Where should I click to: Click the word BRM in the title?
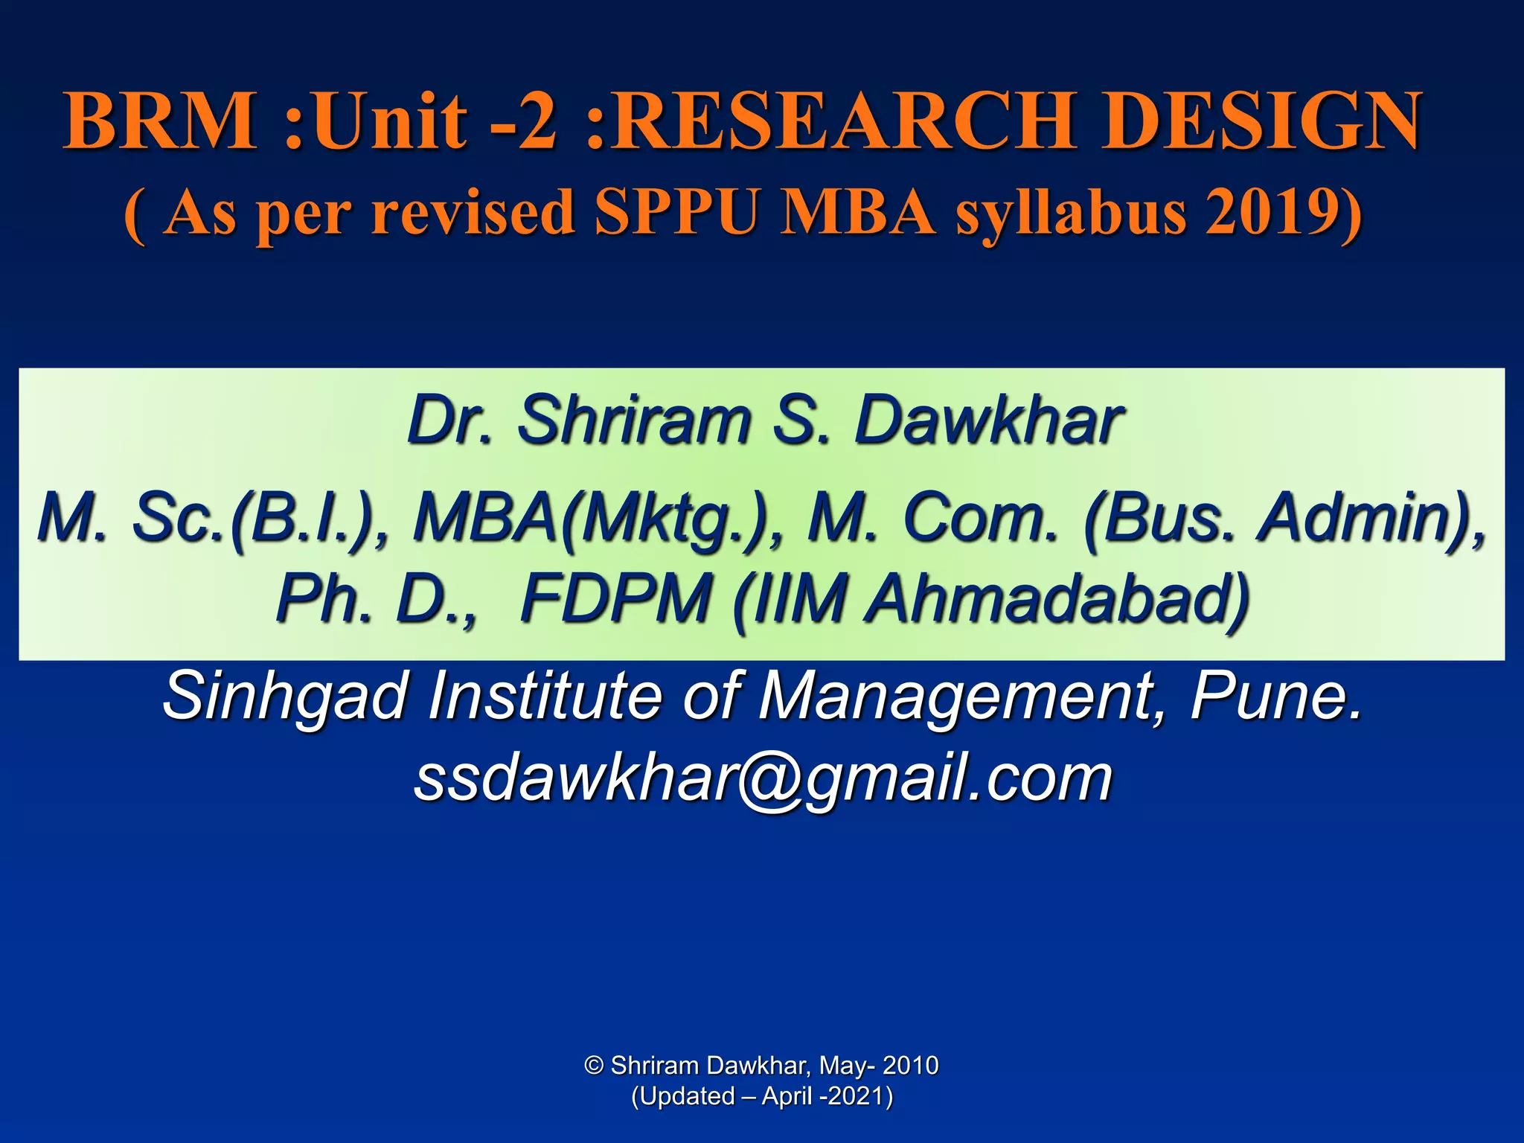[x=161, y=121]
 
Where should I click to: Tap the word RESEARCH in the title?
[x=846, y=121]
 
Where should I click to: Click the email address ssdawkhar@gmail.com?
[x=763, y=778]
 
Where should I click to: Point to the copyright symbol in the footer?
[x=593, y=1066]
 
